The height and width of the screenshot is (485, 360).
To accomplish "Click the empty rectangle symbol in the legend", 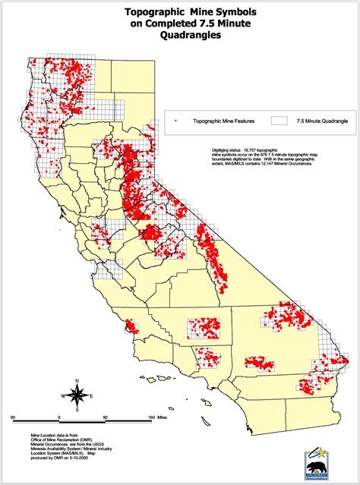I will (280, 120).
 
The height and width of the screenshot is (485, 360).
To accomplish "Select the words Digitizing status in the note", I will (228, 150).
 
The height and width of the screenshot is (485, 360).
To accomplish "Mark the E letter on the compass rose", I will (91, 396).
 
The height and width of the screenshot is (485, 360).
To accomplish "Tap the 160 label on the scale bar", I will (151, 417).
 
